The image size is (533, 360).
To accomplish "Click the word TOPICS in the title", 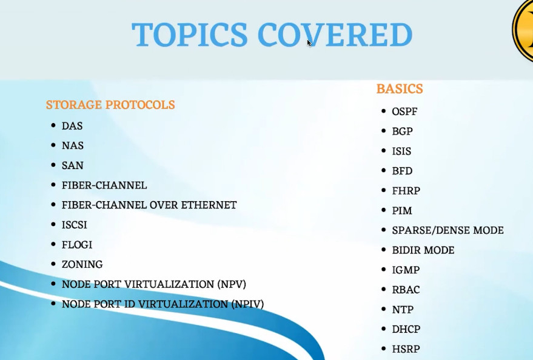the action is click(x=190, y=35).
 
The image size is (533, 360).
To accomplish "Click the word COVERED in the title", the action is click(x=335, y=35).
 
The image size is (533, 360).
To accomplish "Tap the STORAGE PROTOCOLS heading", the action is click(x=110, y=105).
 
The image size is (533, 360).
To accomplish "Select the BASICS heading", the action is click(x=400, y=88).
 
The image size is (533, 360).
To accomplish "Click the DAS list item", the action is click(x=72, y=126).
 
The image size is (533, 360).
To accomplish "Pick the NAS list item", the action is click(x=72, y=145).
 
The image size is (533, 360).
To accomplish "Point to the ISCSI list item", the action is click(x=75, y=225).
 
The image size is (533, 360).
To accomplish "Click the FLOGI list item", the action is click(x=77, y=244).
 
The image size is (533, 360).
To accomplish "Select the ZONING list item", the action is click(x=82, y=264).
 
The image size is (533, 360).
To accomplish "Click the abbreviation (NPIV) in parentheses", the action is click(x=247, y=304).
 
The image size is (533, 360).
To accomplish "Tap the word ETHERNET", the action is click(x=209, y=205).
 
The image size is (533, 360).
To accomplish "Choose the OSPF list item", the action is click(x=404, y=112).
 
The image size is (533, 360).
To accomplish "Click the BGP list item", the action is click(x=403, y=131).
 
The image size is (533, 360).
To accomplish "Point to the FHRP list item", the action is click(x=406, y=190).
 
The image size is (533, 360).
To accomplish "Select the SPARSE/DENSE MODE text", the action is click(x=448, y=230).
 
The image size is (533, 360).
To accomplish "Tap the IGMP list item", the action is click(x=406, y=270).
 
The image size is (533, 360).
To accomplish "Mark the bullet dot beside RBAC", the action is click(x=384, y=289).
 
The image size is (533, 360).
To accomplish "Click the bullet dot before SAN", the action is click(x=53, y=165).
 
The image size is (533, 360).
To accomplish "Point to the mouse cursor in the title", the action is click(x=309, y=43).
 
